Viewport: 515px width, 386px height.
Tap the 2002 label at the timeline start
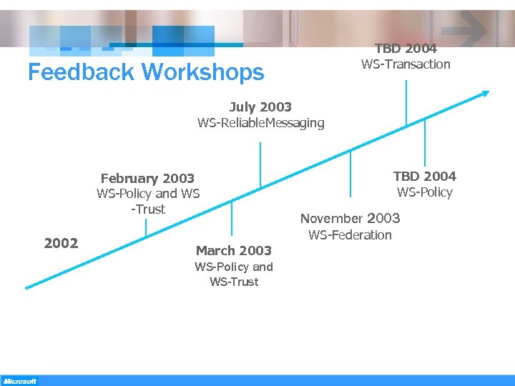click(x=61, y=243)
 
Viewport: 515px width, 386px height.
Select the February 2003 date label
click(x=147, y=178)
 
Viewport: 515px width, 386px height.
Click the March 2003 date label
click(x=234, y=250)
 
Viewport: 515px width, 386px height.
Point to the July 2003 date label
click(x=260, y=107)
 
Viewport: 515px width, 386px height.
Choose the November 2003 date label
click(x=350, y=219)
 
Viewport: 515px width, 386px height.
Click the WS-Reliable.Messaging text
click(x=260, y=123)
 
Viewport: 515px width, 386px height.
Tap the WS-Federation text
click(x=350, y=234)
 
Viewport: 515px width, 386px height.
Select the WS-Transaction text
click(x=406, y=64)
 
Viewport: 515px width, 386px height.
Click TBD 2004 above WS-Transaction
click(x=406, y=49)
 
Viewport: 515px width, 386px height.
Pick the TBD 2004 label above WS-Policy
click(x=424, y=176)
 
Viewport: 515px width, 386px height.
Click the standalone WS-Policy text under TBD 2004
click(x=425, y=192)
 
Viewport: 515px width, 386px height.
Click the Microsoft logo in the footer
click(x=19, y=381)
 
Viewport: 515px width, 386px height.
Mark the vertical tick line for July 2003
click(x=260, y=164)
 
